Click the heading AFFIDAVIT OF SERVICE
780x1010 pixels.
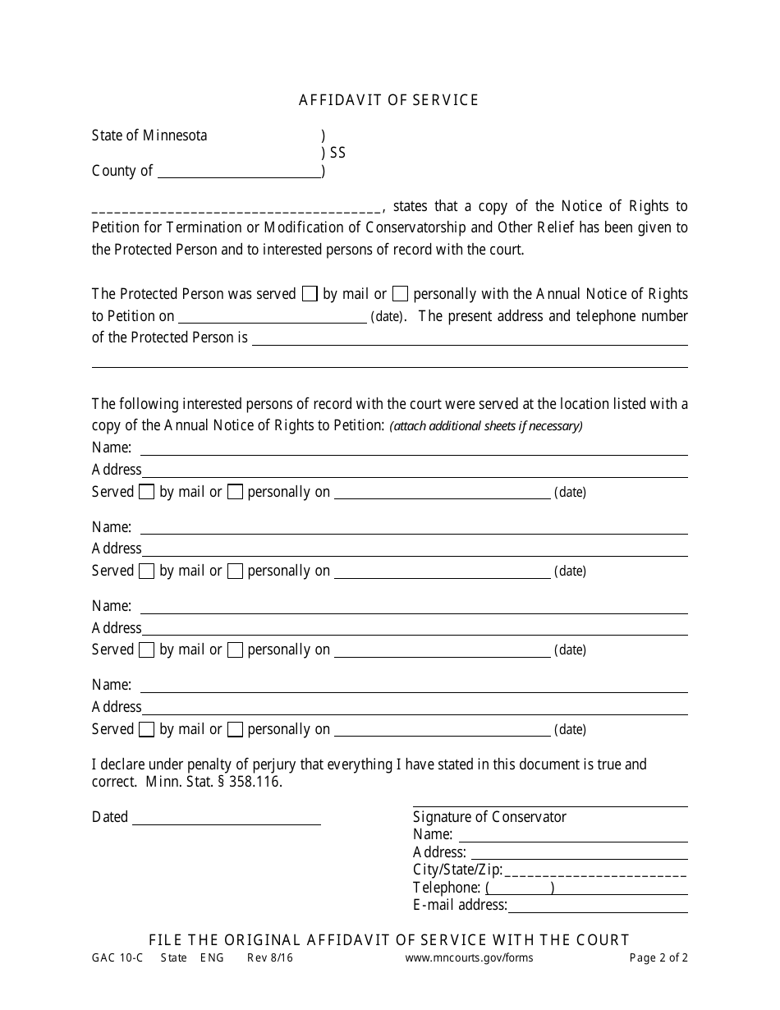click(388, 100)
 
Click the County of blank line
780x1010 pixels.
click(238, 172)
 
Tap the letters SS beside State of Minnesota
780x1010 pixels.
click(337, 153)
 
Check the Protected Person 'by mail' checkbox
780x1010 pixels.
click(310, 294)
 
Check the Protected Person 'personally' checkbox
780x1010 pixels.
click(400, 294)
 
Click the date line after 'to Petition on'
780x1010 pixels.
click(272, 318)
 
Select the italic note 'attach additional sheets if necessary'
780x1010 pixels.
click(486, 425)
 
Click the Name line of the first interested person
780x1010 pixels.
click(414, 449)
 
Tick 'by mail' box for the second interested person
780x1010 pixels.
click(146, 572)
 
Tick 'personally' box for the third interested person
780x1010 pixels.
click(235, 650)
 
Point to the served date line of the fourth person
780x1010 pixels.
click(442, 731)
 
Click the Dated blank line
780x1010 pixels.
click(226, 819)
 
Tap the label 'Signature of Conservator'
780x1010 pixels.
click(489, 816)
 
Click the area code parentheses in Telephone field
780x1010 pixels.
click(520, 888)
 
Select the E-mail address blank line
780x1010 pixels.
click(597, 907)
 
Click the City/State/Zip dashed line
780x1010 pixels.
click(595, 870)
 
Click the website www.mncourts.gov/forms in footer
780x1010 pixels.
click(469, 958)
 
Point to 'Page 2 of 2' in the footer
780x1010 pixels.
click(658, 958)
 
